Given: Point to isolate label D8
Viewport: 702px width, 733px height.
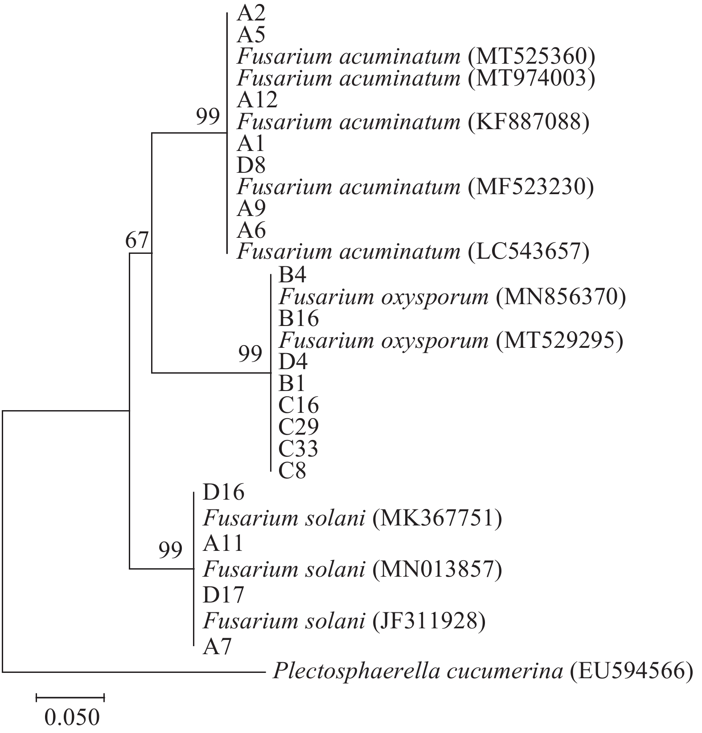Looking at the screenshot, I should tap(251, 166).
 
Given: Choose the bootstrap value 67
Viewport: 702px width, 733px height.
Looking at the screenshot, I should tap(136, 241).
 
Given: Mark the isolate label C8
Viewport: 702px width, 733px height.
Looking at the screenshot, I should tap(292, 471).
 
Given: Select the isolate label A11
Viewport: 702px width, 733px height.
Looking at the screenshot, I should tap(223, 543).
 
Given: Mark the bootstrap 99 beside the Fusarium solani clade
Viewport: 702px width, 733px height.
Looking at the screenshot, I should tap(171, 551).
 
